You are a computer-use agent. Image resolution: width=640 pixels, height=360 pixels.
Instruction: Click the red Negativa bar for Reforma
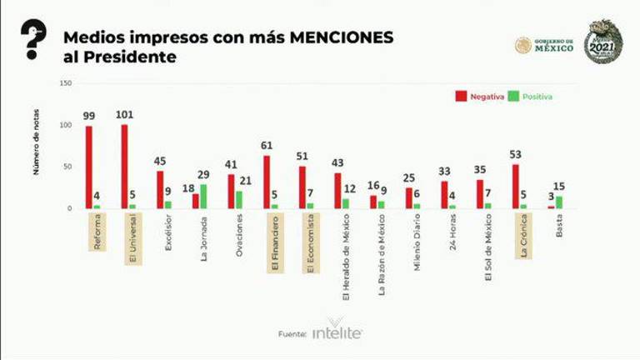click(x=89, y=167)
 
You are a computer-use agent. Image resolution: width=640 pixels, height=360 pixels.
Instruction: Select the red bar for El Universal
click(x=124, y=166)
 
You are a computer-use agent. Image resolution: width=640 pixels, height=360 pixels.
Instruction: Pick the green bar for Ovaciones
click(x=240, y=199)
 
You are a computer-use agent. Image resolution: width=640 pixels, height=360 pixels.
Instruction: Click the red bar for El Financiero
click(x=267, y=182)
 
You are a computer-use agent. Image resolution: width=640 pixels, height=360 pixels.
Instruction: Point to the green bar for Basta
click(x=559, y=202)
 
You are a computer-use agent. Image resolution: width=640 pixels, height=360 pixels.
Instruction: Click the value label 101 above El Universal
click(x=127, y=115)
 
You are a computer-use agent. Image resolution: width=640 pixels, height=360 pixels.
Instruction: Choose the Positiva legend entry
click(x=529, y=97)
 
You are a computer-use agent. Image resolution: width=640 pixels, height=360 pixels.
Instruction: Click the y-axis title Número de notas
click(x=38, y=145)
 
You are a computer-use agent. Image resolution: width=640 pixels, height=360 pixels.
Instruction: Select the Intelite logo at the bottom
click(x=337, y=332)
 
